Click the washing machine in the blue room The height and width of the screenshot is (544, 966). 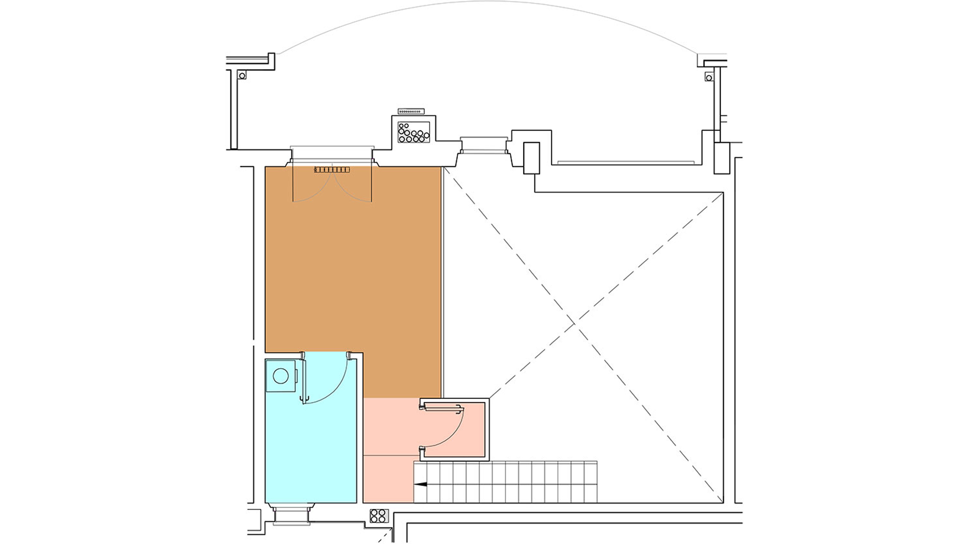(x=281, y=376)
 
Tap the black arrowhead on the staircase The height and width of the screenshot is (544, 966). (x=420, y=484)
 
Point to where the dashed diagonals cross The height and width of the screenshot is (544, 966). (x=575, y=322)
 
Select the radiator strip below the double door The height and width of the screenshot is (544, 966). (x=332, y=170)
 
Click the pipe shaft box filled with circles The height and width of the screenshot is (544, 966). (x=414, y=132)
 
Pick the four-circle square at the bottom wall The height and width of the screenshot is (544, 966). (x=378, y=516)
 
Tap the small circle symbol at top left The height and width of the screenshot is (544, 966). (x=242, y=76)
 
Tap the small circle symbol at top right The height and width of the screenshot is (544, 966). (x=709, y=78)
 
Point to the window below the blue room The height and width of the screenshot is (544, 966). (x=291, y=516)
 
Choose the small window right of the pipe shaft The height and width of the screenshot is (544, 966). (x=484, y=145)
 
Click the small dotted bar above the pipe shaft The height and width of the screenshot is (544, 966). (x=411, y=111)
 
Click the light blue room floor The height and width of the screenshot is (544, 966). (x=312, y=453)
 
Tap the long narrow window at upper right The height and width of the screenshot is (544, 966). (x=626, y=163)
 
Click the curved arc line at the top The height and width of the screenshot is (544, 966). (x=488, y=3)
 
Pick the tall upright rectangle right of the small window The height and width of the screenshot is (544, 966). (x=531, y=158)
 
